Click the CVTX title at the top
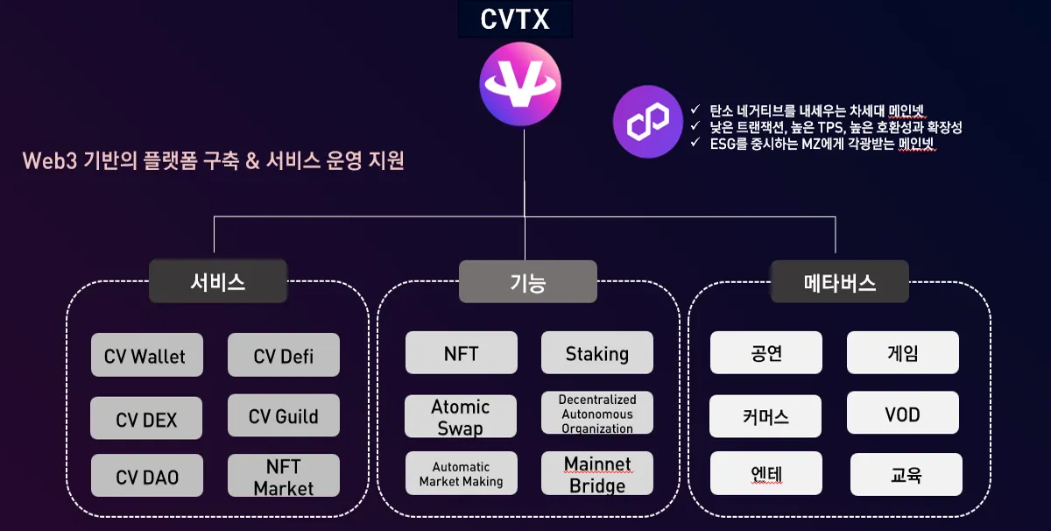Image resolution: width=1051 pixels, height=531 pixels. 515,18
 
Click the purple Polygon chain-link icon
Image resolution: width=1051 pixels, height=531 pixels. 647,121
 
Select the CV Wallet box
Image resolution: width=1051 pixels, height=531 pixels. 146,355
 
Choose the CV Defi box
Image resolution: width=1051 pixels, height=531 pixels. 283,355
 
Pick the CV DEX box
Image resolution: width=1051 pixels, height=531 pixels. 146,419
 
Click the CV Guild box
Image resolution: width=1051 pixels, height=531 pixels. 283,415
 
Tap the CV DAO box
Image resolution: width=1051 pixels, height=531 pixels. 146,476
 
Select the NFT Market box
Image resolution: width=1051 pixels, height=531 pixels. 283,476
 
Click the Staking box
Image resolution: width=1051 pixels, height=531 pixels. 596,353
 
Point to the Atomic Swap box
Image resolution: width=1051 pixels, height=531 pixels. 461,416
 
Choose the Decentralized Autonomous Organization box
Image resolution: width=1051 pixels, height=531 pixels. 596,414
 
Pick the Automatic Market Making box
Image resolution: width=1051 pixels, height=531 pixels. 461,473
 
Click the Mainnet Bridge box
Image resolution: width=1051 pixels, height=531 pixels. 596,473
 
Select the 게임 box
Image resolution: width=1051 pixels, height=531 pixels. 902,353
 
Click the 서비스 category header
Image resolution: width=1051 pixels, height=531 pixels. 218,281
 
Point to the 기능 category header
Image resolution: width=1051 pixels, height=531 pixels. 527,281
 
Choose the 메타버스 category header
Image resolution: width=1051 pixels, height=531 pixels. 839,281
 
